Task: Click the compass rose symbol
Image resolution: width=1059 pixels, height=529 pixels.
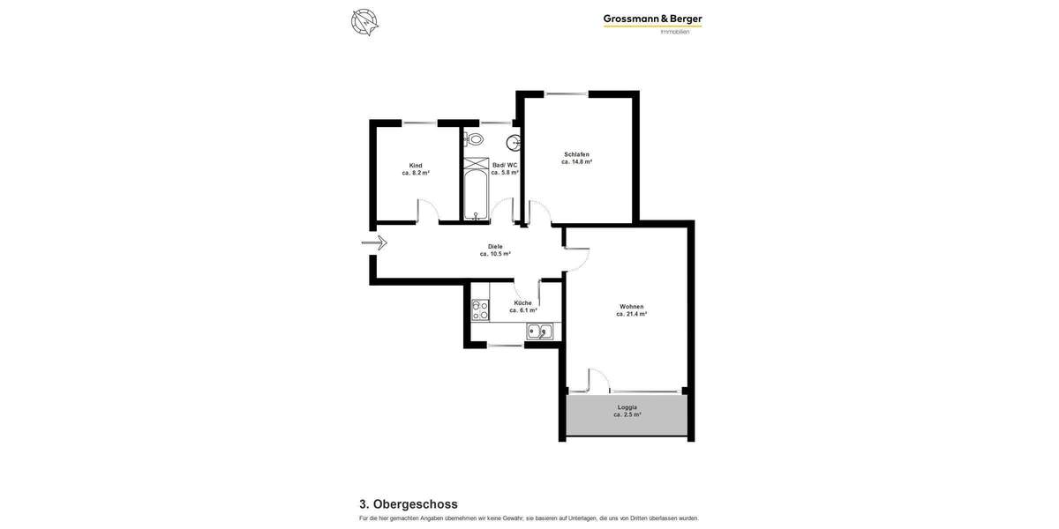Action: pyautogui.click(x=364, y=21)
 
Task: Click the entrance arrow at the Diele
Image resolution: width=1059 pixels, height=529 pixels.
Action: pyautogui.click(x=374, y=242)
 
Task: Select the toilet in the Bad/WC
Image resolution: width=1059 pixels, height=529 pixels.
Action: pyautogui.click(x=475, y=138)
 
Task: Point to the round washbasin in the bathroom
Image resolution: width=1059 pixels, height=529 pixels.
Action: pyautogui.click(x=514, y=143)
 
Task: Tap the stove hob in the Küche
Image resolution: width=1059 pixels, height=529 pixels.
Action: pyautogui.click(x=480, y=309)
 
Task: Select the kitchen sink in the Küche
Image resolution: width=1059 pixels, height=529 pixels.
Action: pyautogui.click(x=539, y=332)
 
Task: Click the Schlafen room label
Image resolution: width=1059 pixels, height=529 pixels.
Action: pyautogui.click(x=576, y=154)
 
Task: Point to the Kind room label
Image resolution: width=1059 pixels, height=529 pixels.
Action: pyautogui.click(x=416, y=165)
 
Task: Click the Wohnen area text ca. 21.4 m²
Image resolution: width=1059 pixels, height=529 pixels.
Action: pyautogui.click(x=631, y=314)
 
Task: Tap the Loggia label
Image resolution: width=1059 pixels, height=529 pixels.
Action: pyautogui.click(x=627, y=406)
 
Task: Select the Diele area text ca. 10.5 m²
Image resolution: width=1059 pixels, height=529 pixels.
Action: pyautogui.click(x=495, y=254)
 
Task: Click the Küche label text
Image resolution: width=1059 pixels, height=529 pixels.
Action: pyautogui.click(x=522, y=302)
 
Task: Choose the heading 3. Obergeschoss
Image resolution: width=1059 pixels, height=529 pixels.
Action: pyautogui.click(x=409, y=504)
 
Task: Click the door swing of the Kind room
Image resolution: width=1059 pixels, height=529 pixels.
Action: pyautogui.click(x=425, y=212)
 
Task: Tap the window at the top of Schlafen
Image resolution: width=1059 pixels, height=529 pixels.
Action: pyautogui.click(x=567, y=93)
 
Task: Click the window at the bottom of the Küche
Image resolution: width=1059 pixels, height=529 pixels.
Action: pyautogui.click(x=505, y=346)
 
